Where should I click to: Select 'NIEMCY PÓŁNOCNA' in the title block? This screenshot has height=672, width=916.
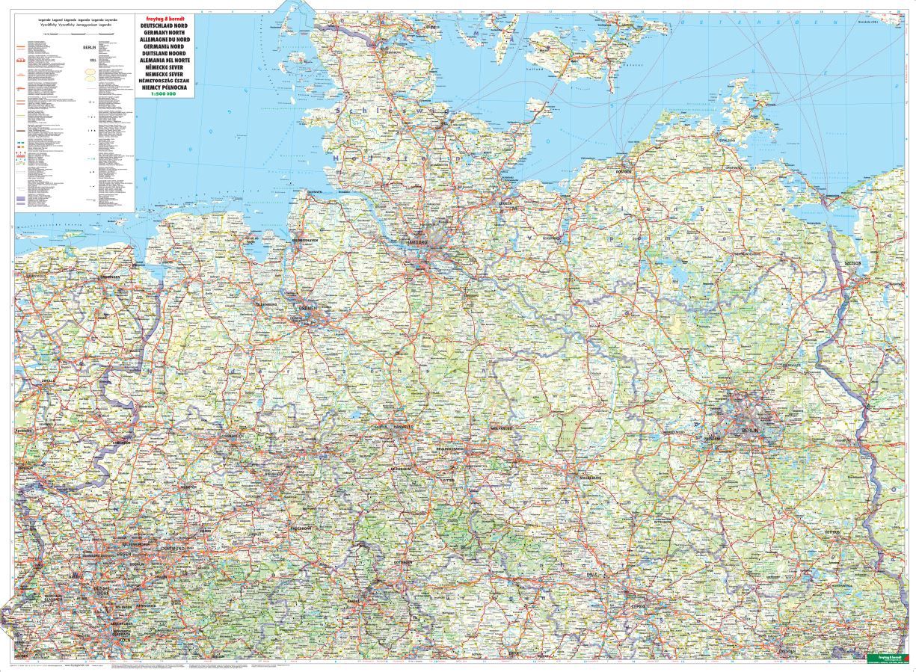(x=162, y=87)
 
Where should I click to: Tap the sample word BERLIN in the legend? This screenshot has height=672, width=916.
(x=86, y=47)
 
